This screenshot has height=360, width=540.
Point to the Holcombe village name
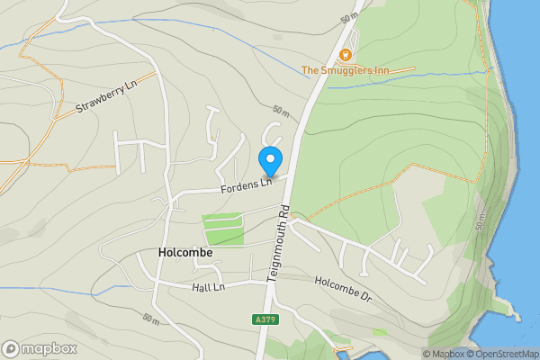click(x=185, y=253)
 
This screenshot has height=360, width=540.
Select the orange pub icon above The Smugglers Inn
click(x=346, y=52)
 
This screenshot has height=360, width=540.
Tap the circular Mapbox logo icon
click(x=12, y=348)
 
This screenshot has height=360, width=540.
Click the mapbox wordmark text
click(x=49, y=348)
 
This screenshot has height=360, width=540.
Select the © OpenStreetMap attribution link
click(x=501, y=354)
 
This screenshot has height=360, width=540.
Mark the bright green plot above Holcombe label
click(x=223, y=229)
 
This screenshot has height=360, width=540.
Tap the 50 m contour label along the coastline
click(x=479, y=221)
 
